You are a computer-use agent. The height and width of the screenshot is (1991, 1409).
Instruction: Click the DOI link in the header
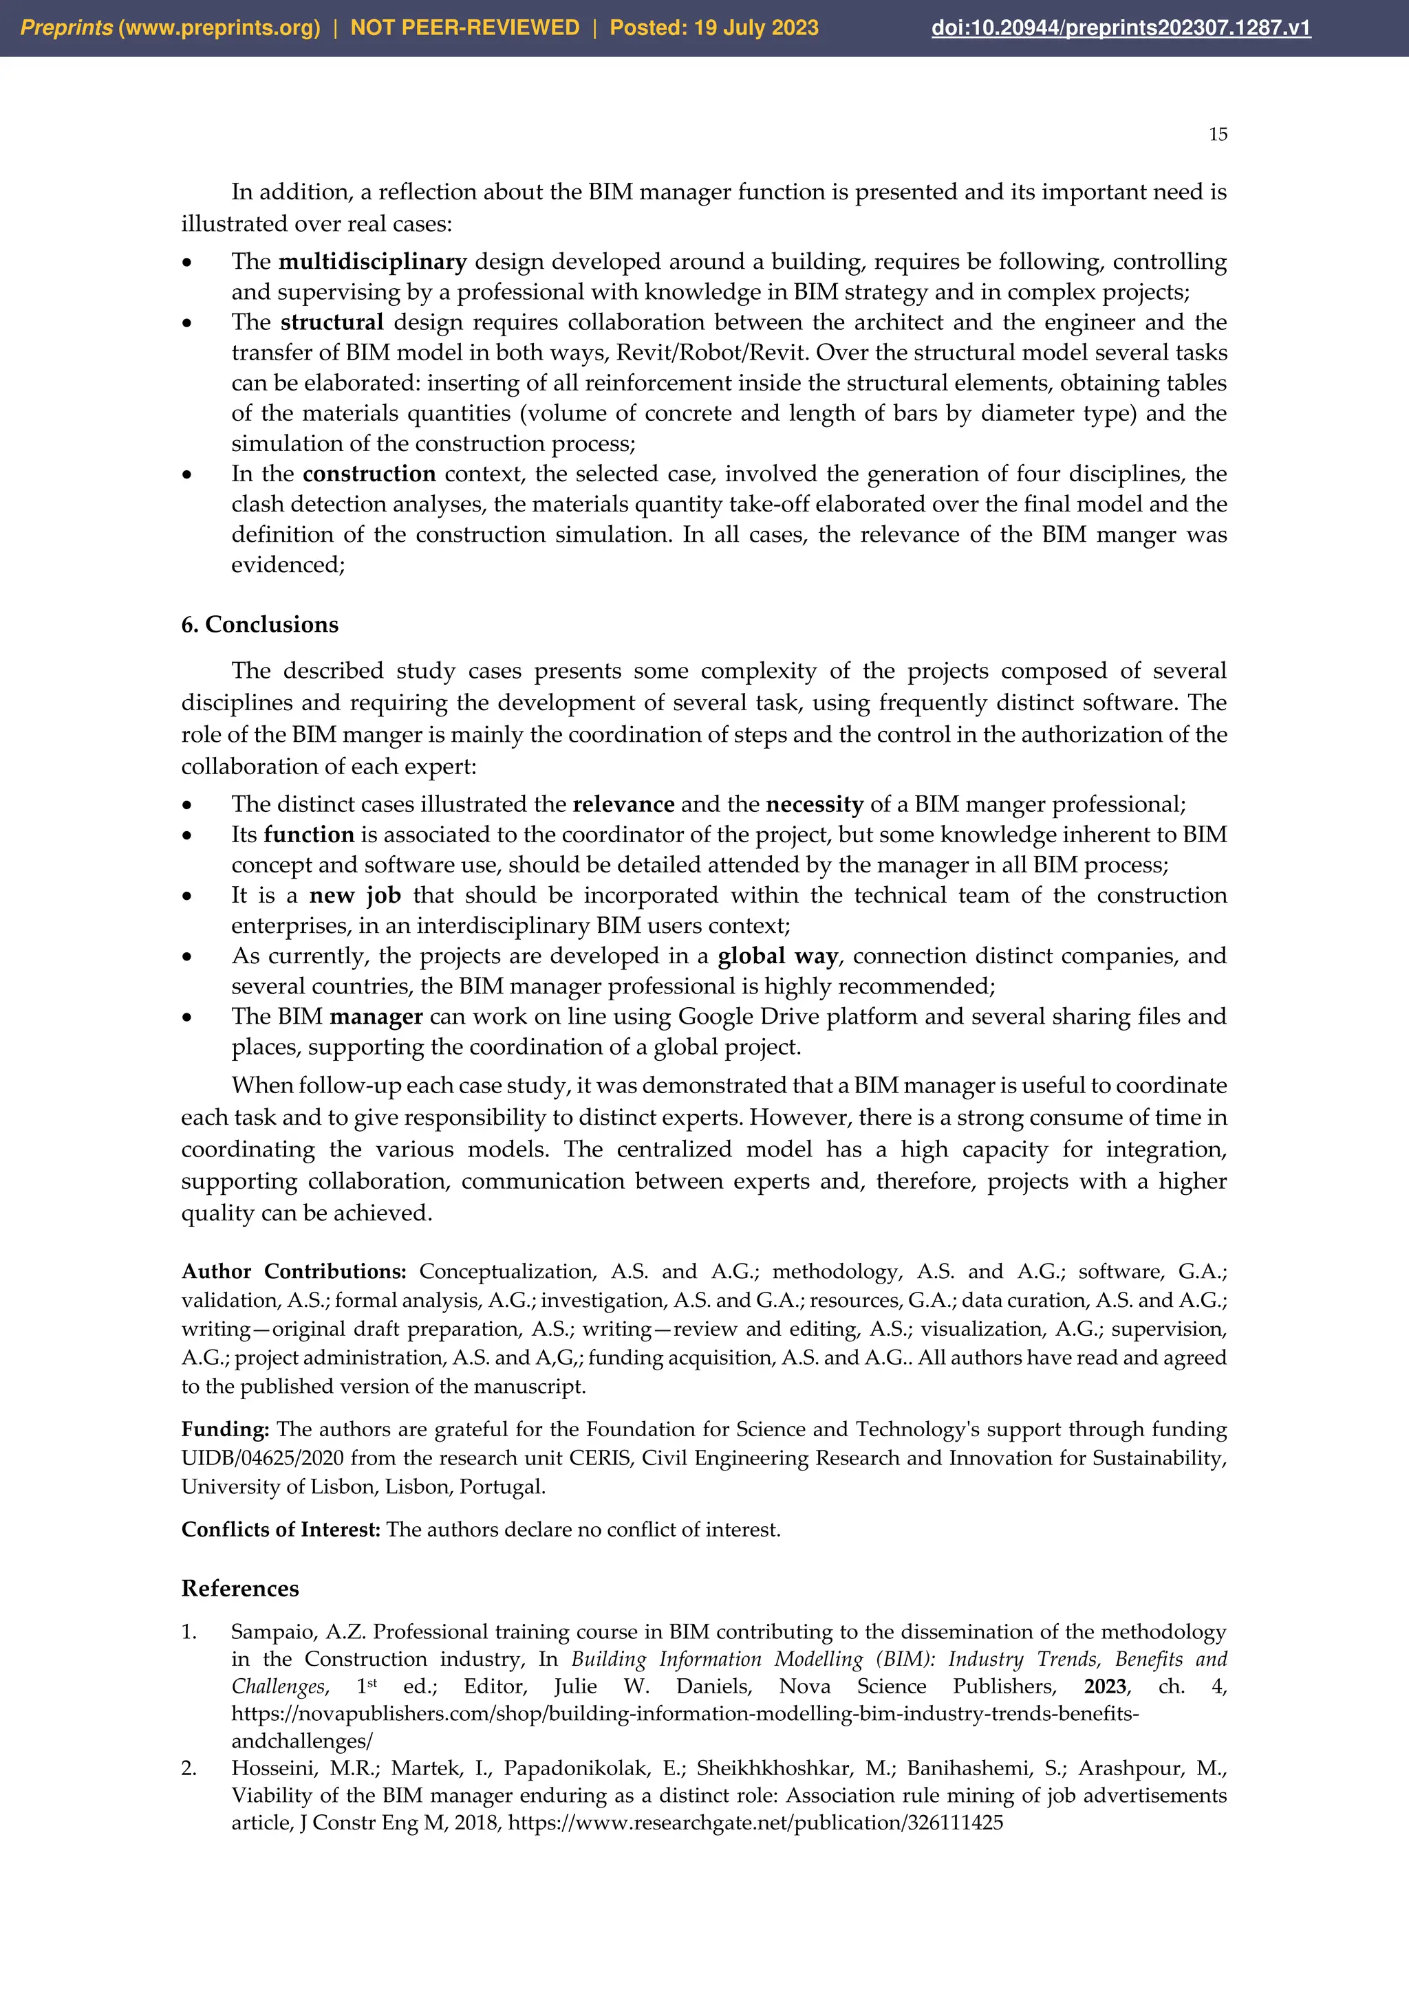(1120, 27)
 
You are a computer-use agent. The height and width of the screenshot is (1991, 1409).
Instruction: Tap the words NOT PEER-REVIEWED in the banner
(464, 27)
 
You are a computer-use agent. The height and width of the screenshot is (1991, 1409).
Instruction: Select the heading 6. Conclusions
(259, 624)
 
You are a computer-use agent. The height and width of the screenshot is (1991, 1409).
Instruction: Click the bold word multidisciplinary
(372, 262)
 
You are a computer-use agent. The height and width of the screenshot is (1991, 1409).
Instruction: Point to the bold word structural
(332, 322)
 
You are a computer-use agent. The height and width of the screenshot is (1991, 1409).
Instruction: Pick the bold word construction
(369, 474)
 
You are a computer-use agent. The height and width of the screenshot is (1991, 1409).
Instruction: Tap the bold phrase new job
(355, 896)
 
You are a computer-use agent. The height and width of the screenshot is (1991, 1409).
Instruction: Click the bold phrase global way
(777, 956)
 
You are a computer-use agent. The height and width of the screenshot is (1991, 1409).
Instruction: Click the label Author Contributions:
(293, 1272)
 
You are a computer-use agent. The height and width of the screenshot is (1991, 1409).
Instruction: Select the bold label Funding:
(225, 1430)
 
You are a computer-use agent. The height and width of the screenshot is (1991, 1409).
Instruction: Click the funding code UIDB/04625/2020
(262, 1459)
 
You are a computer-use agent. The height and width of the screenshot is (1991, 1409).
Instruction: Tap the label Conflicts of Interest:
(280, 1530)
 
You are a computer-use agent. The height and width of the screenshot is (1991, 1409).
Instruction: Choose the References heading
(239, 1589)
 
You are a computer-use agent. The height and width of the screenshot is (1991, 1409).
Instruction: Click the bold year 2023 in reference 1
(1106, 1686)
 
